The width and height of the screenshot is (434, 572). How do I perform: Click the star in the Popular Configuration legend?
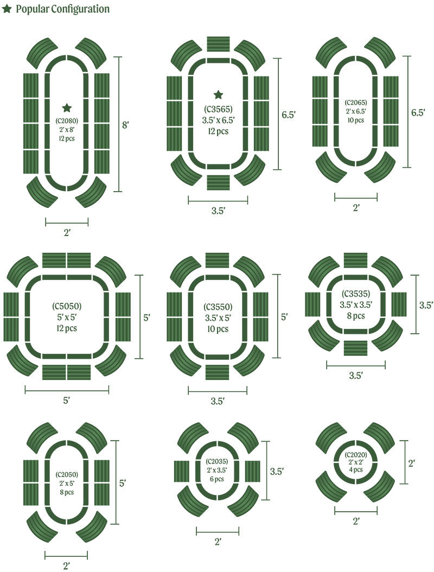coord(6,9)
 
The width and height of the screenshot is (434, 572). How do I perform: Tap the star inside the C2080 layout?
coord(67,107)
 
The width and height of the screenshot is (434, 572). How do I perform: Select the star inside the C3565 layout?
coord(218,95)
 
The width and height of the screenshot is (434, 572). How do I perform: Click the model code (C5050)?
coord(67,306)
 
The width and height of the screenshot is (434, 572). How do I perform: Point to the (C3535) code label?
coord(355,294)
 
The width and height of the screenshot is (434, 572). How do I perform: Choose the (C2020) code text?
coord(355,455)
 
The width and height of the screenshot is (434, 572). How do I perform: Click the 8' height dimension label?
coord(125,125)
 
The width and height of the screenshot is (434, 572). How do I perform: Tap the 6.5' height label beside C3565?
coord(288,115)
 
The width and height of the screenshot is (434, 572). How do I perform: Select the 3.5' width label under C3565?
coord(218,211)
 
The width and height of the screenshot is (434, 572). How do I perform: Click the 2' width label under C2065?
coord(356,207)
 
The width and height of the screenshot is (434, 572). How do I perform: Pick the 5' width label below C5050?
coord(66,401)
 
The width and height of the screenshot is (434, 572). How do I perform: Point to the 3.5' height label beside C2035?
coord(277,471)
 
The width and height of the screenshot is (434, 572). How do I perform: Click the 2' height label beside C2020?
coord(411,463)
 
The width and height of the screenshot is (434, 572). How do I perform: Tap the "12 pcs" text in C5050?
coord(67,328)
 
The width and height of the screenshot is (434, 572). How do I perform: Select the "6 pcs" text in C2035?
coord(216,479)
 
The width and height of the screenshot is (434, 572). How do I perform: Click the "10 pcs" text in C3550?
coord(218,329)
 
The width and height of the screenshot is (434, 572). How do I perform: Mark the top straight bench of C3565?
coord(218,44)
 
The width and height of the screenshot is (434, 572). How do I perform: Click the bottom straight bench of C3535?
coord(355,348)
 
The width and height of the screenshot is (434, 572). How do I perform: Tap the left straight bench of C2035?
coord(181,471)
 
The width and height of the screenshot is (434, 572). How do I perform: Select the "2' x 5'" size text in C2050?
coord(67,484)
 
